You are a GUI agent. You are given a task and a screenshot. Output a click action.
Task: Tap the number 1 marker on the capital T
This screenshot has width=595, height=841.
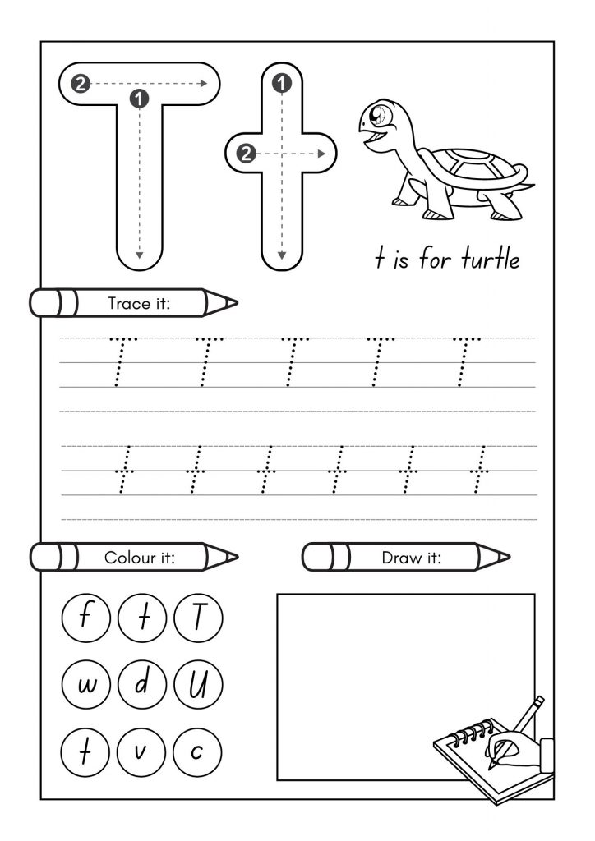tap(140, 99)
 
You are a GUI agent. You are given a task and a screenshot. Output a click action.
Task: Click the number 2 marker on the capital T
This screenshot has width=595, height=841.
tap(81, 83)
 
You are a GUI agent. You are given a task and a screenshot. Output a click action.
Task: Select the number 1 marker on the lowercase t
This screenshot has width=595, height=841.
tap(282, 83)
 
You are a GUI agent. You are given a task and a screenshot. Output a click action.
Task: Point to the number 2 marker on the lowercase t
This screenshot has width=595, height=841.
tap(245, 152)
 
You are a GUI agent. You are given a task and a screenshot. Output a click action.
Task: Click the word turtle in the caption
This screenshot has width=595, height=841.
tap(490, 260)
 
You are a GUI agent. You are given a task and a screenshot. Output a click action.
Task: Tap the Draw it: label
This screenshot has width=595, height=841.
tap(412, 558)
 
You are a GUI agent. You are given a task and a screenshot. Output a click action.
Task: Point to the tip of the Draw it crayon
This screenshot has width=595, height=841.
tap(506, 558)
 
